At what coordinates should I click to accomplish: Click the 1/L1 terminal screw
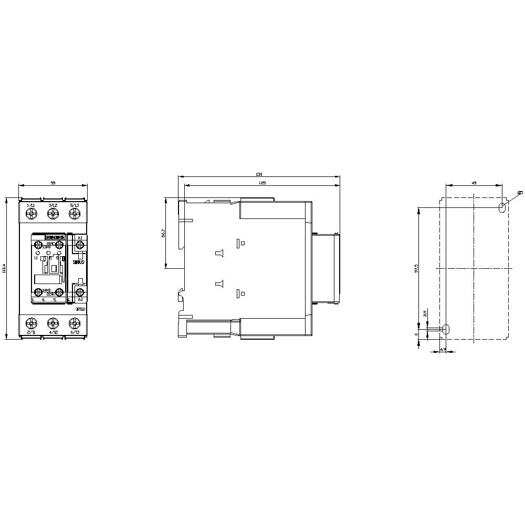(x=31, y=214)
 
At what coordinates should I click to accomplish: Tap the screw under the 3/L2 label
(x=52, y=214)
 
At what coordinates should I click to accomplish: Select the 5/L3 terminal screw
(x=74, y=214)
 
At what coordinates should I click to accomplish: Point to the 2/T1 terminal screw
(x=31, y=322)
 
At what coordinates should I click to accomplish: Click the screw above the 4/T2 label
(x=52, y=322)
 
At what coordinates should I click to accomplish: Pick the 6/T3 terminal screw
(x=74, y=322)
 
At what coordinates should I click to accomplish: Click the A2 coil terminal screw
(x=80, y=291)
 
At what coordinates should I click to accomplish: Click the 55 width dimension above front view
(x=52, y=182)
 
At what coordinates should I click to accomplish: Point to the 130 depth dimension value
(x=259, y=174)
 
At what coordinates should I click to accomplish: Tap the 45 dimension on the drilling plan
(x=474, y=182)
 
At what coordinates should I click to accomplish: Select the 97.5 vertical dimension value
(x=417, y=268)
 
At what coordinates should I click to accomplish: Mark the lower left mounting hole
(x=446, y=329)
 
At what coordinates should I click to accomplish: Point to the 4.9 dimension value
(x=443, y=349)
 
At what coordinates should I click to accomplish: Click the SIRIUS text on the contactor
(x=79, y=261)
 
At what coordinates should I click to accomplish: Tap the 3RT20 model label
(x=80, y=309)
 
